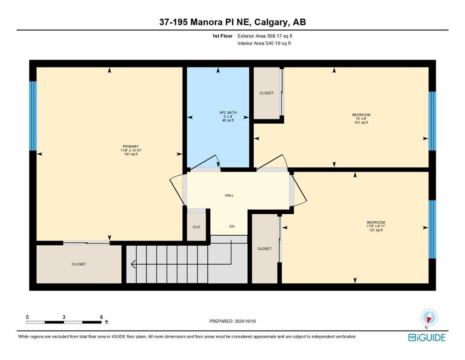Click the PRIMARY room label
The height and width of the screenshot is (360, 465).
point(131,146)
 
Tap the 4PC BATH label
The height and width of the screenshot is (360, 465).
point(228,112)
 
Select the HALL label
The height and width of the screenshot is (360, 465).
point(229,195)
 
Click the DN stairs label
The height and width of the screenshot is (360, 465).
point(232,226)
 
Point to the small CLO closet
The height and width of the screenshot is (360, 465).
point(196,227)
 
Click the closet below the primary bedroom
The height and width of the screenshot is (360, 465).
point(79,264)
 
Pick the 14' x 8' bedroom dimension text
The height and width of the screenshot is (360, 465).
point(361,119)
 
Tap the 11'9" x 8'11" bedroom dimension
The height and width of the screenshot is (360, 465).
point(376,226)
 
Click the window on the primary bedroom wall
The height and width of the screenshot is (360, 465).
point(33,116)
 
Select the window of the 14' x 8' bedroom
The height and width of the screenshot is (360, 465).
point(432,121)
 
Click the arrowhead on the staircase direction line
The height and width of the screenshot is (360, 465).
point(133,264)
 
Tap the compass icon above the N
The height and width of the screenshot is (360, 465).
point(429,317)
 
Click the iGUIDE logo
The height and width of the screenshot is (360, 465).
point(427,338)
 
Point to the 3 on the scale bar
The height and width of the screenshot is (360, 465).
point(64,317)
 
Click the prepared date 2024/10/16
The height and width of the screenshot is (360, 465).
point(245,321)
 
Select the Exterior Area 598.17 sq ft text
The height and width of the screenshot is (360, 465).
point(265,36)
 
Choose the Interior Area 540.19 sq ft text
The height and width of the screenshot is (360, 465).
point(264,43)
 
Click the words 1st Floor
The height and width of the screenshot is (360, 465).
point(222,36)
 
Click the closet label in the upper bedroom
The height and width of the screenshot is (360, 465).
point(266,93)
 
